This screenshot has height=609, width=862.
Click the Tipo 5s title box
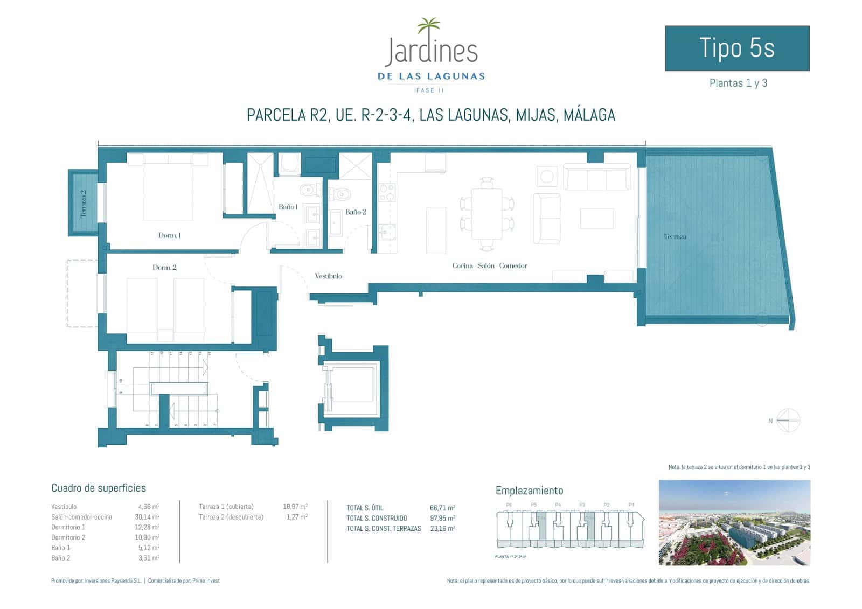click(x=737, y=48)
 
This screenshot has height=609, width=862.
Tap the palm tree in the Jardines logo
click(x=429, y=26)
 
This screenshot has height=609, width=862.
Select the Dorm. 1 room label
click(x=169, y=235)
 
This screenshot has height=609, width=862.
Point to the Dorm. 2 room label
click(x=164, y=268)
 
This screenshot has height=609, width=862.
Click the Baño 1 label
click(x=288, y=207)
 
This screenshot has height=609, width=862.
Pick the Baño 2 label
click(x=356, y=212)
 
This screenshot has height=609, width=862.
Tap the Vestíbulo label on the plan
click(x=328, y=276)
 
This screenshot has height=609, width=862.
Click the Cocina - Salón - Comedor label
click(x=489, y=265)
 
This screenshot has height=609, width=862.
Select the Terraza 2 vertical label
click(x=84, y=204)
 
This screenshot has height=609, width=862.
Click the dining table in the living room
click(x=486, y=214)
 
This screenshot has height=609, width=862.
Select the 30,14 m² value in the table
click(x=149, y=517)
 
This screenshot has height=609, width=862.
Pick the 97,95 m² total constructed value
click(x=442, y=518)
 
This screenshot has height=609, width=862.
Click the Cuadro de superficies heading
click(x=99, y=488)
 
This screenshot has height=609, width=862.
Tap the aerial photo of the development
click(x=734, y=523)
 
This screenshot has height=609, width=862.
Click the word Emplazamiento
click(x=529, y=491)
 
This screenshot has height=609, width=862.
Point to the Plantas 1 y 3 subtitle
click(x=738, y=83)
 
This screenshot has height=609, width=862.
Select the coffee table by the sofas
click(x=596, y=219)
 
